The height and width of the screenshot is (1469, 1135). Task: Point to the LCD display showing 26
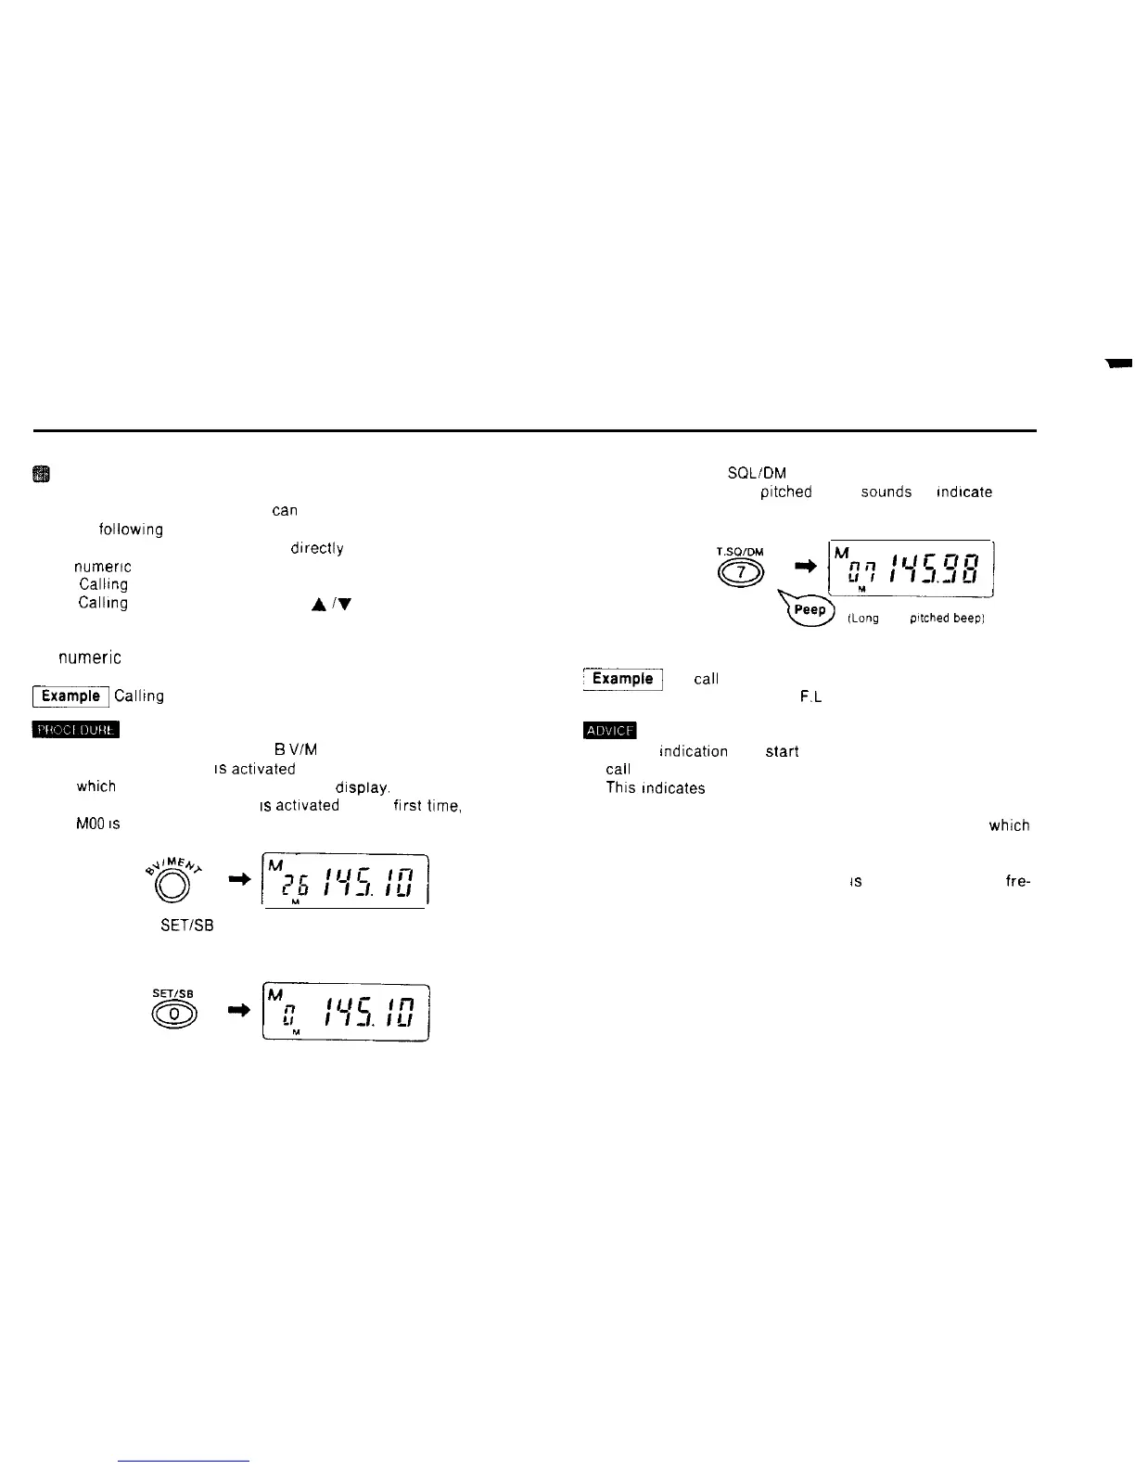(345, 881)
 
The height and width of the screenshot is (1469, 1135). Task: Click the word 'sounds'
(886, 492)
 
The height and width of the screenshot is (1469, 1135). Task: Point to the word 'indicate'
(964, 492)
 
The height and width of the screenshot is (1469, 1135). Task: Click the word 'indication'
(693, 751)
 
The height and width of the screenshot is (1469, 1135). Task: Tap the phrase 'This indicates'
(655, 787)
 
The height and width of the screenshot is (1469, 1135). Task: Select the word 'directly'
(316, 548)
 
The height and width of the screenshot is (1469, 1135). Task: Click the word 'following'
(131, 530)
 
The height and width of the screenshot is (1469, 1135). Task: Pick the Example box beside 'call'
(622, 679)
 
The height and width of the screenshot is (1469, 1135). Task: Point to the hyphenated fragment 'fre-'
(1017, 882)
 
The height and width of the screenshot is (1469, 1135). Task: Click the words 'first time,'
(427, 805)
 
